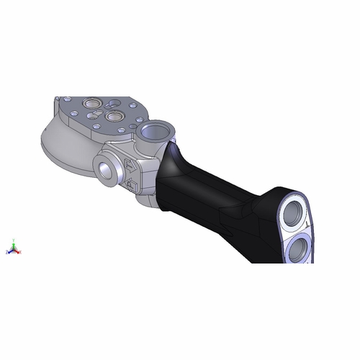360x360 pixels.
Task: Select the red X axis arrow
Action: coord(17,252)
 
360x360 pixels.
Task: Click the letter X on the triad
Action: coord(20,253)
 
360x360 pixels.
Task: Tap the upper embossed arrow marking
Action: coord(130,165)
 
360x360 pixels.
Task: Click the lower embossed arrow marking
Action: coord(132,186)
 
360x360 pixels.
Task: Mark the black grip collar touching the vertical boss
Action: coord(173,162)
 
